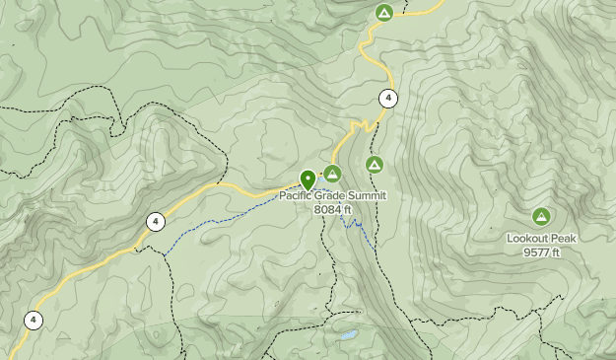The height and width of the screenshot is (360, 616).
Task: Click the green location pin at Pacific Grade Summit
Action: click(x=308, y=180)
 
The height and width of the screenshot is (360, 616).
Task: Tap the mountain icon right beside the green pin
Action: click(x=332, y=175)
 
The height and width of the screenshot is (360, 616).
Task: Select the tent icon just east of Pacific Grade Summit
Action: click(x=374, y=164)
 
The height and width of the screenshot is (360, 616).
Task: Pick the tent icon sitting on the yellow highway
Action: click(x=384, y=13)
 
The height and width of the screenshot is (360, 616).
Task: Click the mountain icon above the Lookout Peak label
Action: click(x=540, y=216)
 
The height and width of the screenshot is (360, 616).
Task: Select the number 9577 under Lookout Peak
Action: click(x=536, y=252)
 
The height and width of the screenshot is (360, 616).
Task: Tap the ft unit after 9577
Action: click(x=555, y=252)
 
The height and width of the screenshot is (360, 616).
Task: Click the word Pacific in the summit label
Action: click(x=298, y=195)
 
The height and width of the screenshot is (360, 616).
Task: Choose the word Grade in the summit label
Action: click(x=335, y=195)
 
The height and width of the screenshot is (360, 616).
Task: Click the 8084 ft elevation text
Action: click(x=332, y=209)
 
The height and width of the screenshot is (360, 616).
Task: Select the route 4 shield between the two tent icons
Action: click(x=388, y=98)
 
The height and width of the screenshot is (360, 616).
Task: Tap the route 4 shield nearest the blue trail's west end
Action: click(x=155, y=222)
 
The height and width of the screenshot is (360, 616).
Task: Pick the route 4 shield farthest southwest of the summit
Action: click(x=34, y=320)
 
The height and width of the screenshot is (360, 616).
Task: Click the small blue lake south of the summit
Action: click(x=346, y=334)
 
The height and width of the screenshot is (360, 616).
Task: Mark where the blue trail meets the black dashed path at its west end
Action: click(x=163, y=254)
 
